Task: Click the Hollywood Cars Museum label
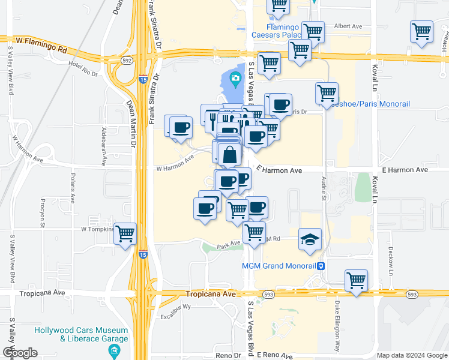click(81, 331)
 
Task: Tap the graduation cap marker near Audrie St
click(310, 239)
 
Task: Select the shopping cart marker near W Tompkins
click(125, 234)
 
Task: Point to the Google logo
click(19, 353)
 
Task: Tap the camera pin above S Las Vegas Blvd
click(235, 79)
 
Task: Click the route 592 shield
click(126, 60)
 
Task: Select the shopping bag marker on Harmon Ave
click(230, 155)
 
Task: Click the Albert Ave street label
click(348, 26)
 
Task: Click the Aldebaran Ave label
click(104, 146)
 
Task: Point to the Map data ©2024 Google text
click(411, 355)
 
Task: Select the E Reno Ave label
click(275, 355)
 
